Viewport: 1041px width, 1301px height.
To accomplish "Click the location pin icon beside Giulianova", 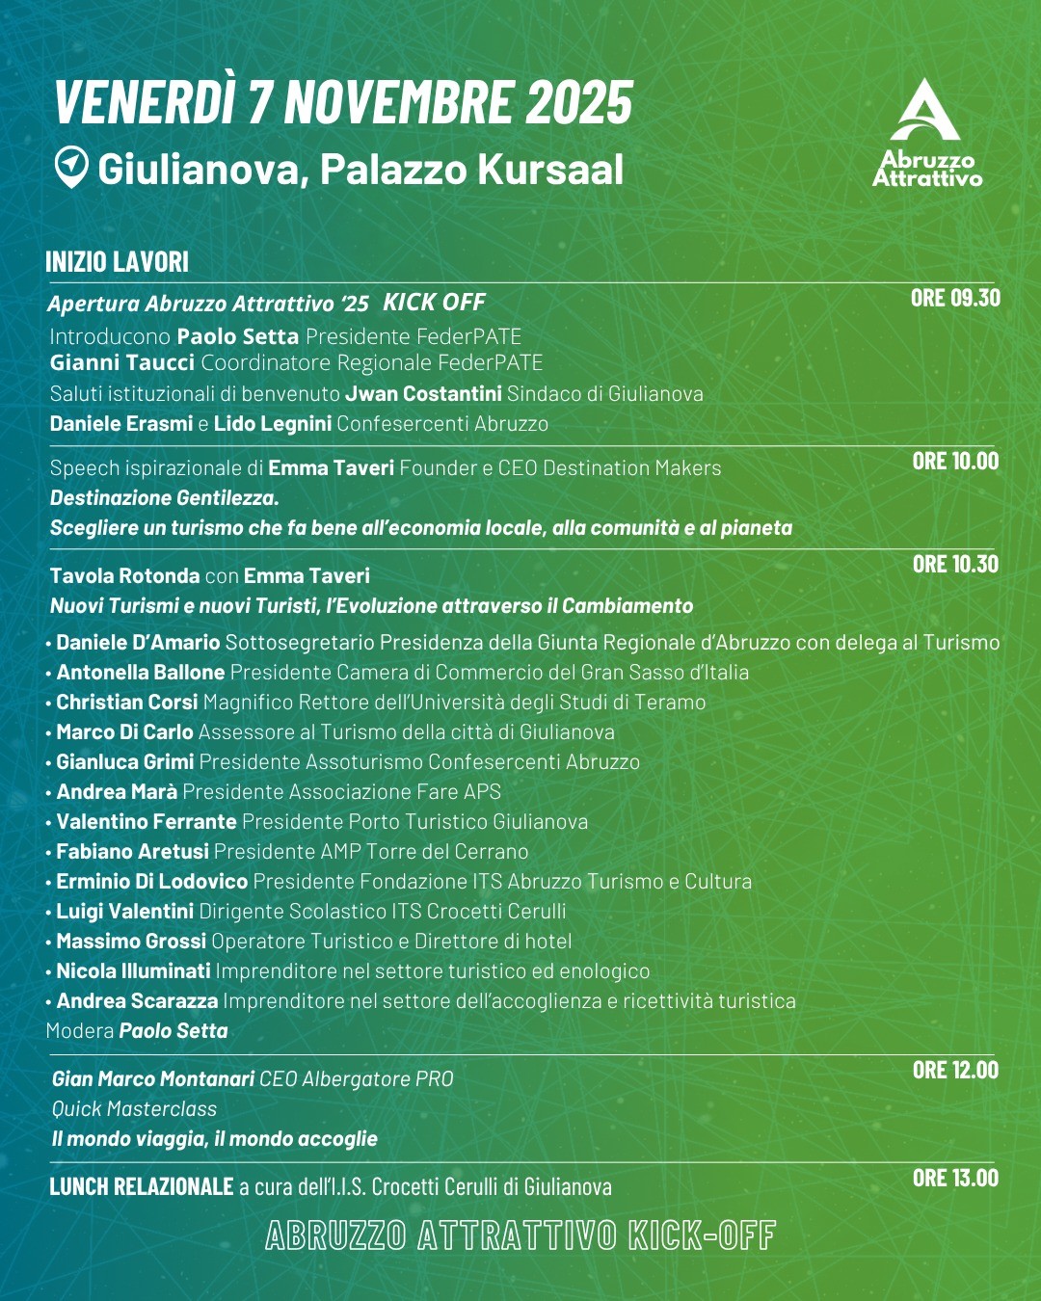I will [70, 167].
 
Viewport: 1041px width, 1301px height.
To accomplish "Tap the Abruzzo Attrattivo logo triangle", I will [924, 111].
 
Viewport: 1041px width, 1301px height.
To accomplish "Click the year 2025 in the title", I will [579, 102].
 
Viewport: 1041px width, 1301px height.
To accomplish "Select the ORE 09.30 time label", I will [955, 298].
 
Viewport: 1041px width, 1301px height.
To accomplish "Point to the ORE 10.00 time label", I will [955, 461].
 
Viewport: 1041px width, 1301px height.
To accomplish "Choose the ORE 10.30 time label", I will [955, 564].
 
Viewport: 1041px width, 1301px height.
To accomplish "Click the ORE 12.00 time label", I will [955, 1070].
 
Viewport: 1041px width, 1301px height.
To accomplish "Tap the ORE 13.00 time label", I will [955, 1178].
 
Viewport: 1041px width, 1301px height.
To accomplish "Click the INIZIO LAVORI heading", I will [117, 262].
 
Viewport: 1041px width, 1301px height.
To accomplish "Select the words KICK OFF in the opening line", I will [434, 303].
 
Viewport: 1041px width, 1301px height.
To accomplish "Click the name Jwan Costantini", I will [423, 393].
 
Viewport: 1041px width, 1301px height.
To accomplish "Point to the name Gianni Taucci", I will [122, 362].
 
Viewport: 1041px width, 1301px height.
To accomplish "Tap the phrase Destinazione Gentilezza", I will [164, 498].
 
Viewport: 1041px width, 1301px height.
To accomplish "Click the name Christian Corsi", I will [127, 702].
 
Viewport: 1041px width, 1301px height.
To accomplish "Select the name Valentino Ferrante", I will [147, 821].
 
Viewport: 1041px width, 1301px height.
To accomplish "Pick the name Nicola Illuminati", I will [133, 970].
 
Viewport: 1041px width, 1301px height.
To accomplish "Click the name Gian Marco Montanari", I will [153, 1079].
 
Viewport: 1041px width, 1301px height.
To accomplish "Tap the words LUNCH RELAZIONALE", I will [142, 1186].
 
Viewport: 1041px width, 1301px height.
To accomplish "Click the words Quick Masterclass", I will [134, 1109].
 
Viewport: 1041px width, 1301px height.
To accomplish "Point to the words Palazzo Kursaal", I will [471, 170].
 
